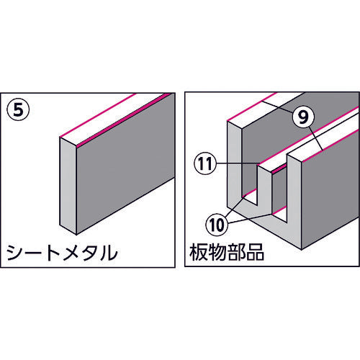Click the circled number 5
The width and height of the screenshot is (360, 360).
pos(19,111)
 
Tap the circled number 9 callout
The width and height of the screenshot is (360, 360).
pos(303,117)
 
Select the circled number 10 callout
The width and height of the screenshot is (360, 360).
pos(217,225)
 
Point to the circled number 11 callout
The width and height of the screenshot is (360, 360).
pos(204,164)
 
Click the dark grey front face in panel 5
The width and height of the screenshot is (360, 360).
pos(125,163)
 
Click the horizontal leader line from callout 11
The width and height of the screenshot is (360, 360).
pos(237,164)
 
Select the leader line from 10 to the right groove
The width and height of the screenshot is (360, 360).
pos(250,218)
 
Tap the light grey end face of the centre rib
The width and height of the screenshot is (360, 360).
pos(264,187)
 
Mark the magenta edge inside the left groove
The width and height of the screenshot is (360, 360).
pos(250,192)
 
